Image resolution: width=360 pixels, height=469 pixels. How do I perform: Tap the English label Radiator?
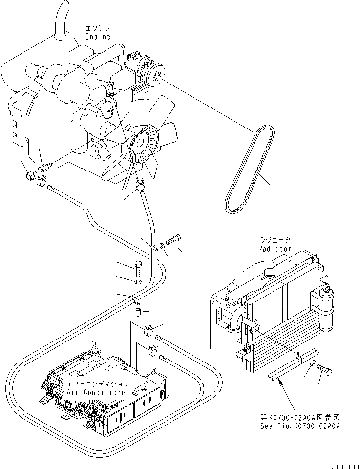point(275,248)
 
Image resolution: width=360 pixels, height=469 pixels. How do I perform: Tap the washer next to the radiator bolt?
point(311,364)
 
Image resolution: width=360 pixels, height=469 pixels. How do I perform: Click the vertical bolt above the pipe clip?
point(137,268)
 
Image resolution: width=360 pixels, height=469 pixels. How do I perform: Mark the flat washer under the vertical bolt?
point(137,282)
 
